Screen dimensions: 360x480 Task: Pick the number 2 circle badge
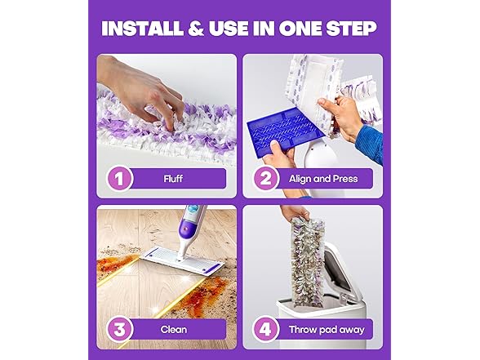[x=265, y=178]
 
